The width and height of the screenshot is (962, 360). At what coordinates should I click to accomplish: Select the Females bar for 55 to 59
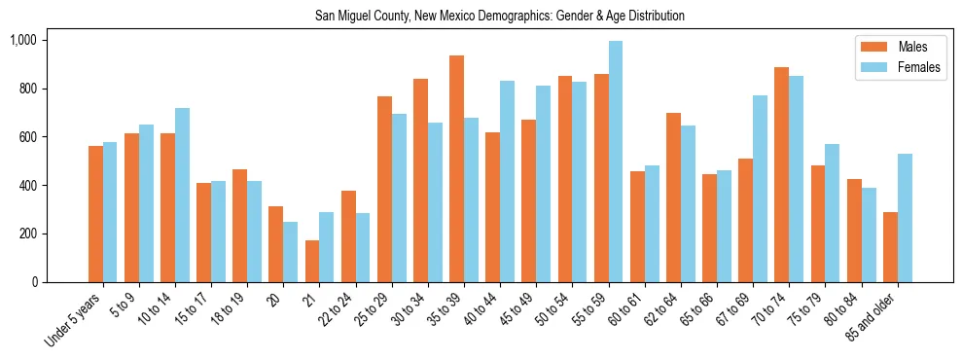tap(616, 162)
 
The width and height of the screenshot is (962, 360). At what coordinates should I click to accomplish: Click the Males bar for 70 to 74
tap(781, 174)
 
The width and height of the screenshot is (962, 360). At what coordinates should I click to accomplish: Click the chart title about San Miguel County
tap(499, 17)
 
